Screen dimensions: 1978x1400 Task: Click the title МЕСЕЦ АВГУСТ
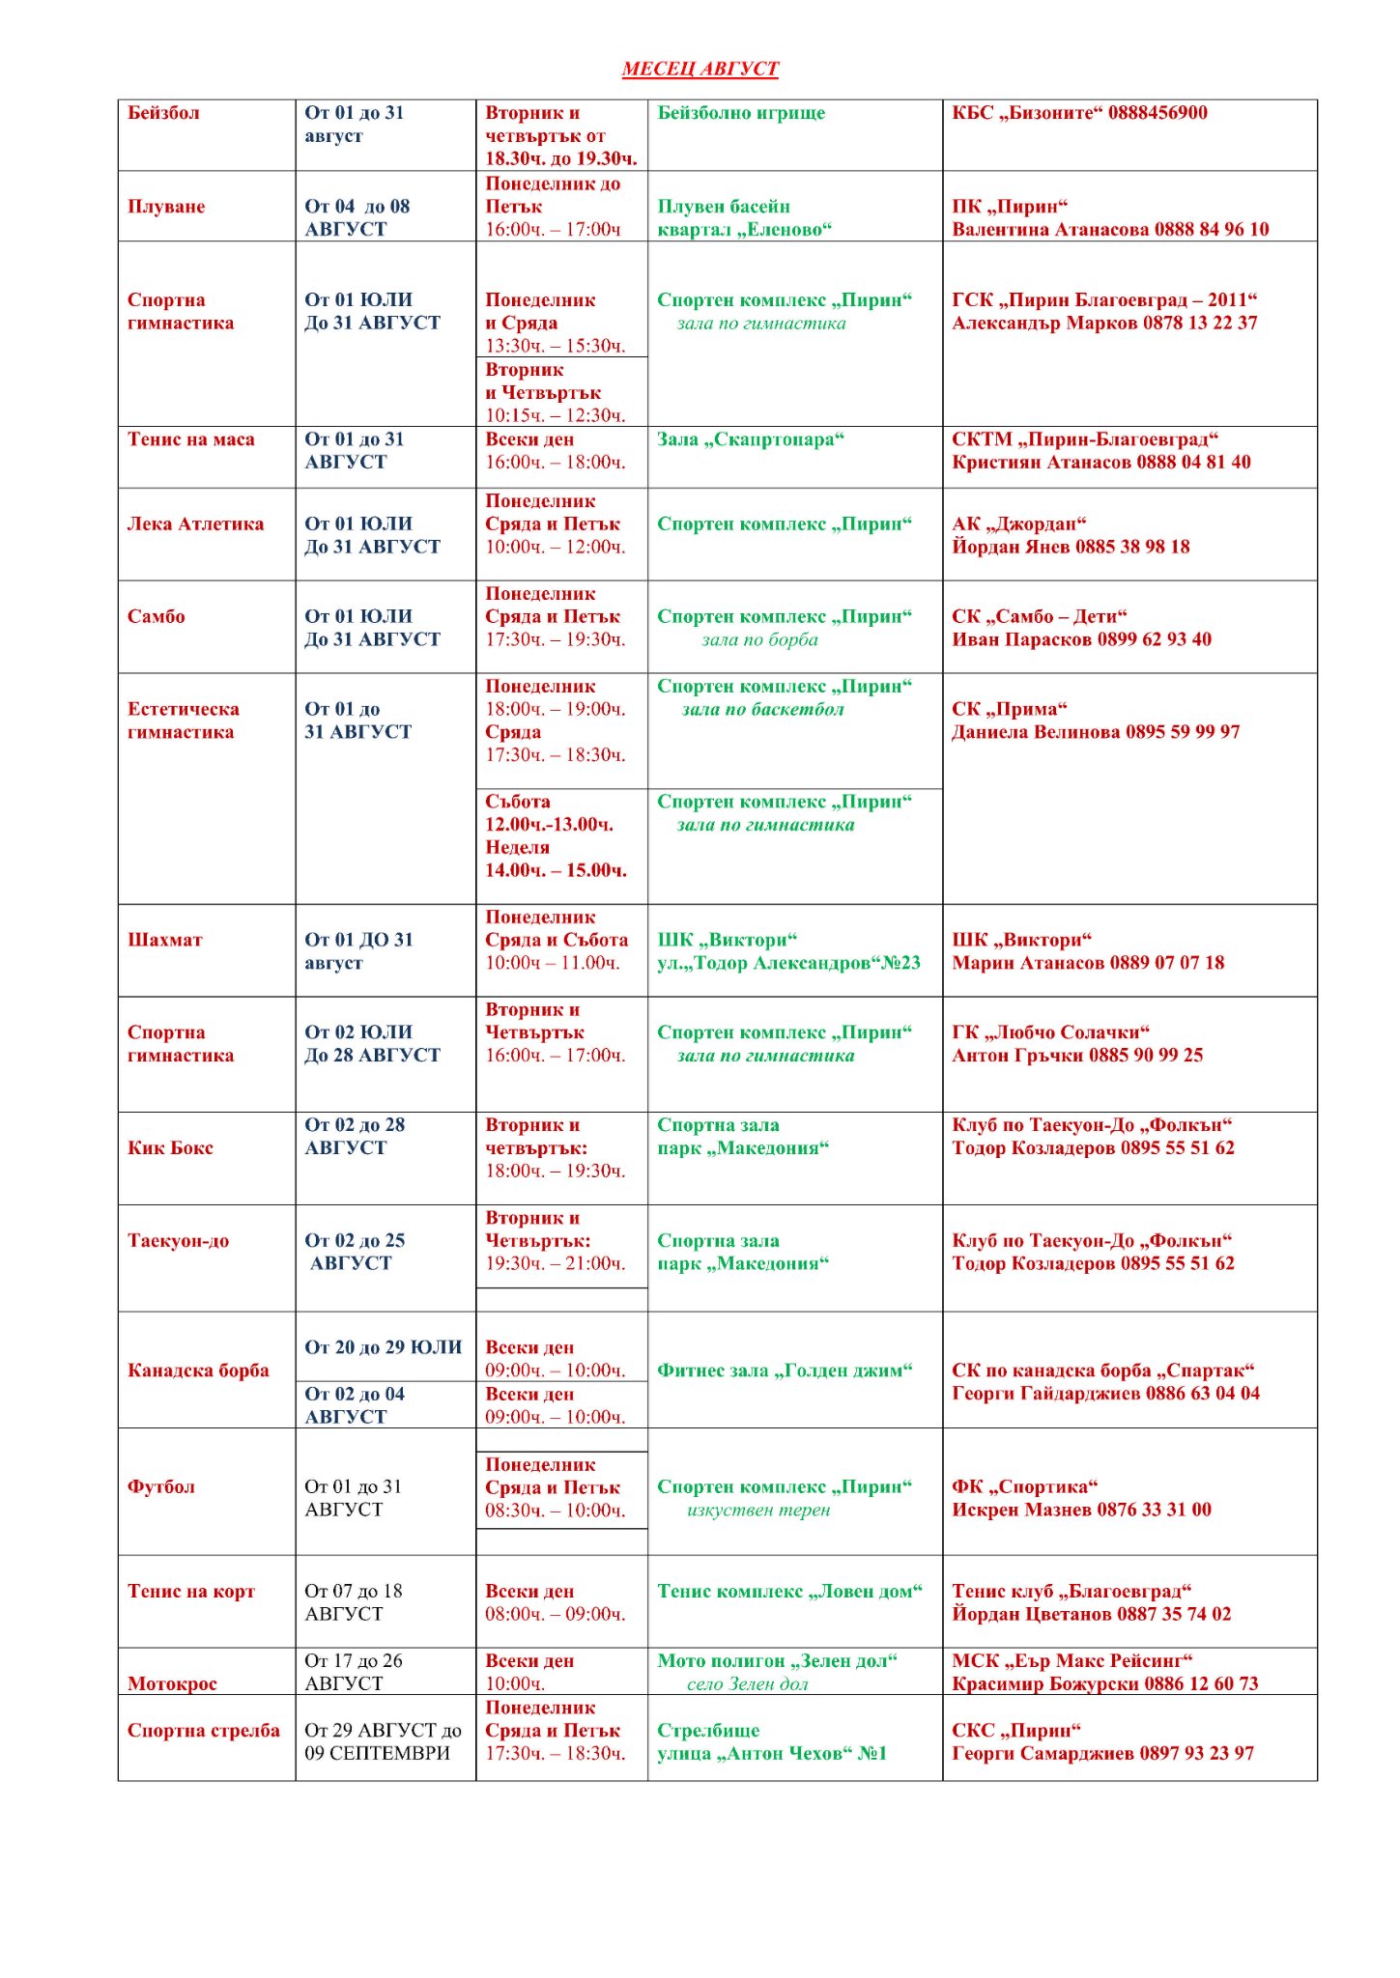pyautogui.click(x=700, y=69)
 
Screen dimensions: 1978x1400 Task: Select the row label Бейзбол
pyautogui.click(x=163, y=113)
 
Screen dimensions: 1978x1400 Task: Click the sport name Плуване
pyautogui.click(x=166, y=207)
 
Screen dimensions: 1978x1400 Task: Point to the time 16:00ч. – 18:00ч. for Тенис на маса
pyautogui.click(x=555, y=463)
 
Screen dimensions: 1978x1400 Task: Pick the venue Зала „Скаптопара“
pyautogui.click(x=750, y=439)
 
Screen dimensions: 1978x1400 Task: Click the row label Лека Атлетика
pyautogui.click(x=195, y=524)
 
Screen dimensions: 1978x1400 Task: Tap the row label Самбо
pyautogui.click(x=156, y=617)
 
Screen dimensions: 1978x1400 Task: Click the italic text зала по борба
pyautogui.click(x=759, y=640)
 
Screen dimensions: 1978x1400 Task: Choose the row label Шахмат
pyautogui.click(x=165, y=941)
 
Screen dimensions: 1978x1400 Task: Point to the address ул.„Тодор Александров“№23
pyautogui.click(x=788, y=964)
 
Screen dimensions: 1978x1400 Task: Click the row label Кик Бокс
pyautogui.click(x=170, y=1148)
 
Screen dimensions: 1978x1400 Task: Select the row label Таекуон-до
pyautogui.click(x=178, y=1241)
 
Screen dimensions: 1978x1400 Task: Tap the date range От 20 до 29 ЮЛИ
pyautogui.click(x=384, y=1347)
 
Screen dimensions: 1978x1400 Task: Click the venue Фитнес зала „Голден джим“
pyautogui.click(x=785, y=1370)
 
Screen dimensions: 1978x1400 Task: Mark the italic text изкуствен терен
pyautogui.click(x=758, y=1511)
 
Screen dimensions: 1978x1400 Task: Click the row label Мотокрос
pyautogui.click(x=172, y=1684)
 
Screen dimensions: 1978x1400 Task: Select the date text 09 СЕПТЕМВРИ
pyautogui.click(x=377, y=1754)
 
